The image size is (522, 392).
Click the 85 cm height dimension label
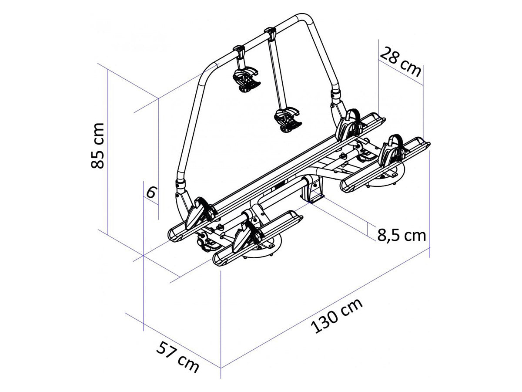[98, 145]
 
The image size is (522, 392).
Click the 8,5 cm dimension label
[402, 235]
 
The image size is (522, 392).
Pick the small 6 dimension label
[151, 192]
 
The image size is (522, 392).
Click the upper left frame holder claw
[246, 80]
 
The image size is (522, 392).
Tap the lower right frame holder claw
[288, 121]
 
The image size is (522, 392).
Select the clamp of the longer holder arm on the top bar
[270, 33]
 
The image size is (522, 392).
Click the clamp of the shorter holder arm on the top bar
[239, 51]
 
